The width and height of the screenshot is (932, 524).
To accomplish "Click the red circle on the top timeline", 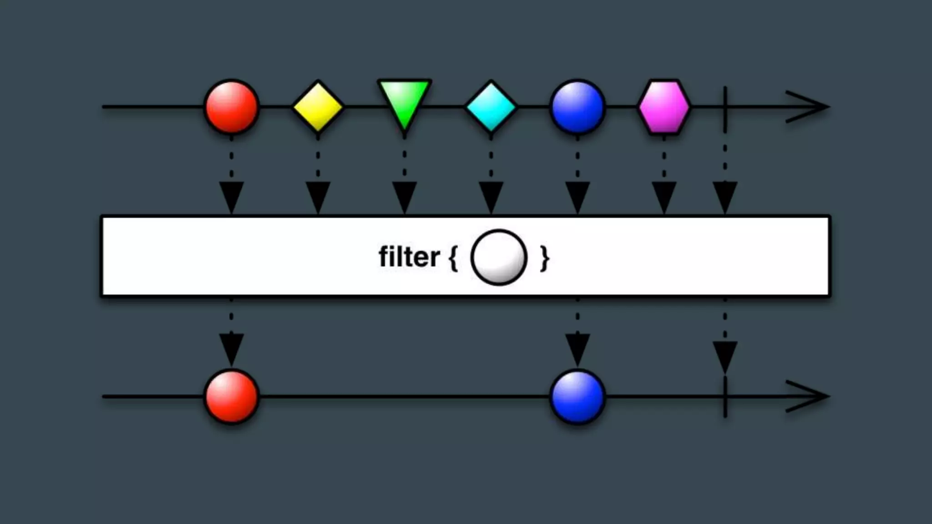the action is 232,107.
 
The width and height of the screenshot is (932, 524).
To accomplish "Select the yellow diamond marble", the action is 318,107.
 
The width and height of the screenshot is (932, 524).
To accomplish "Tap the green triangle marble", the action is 404,102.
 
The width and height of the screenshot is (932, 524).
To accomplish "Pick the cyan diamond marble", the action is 491,107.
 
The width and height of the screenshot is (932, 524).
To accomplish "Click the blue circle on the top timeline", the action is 577,107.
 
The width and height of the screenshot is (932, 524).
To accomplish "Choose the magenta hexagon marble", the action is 664,107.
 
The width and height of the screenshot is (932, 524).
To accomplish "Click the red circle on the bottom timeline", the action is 232,396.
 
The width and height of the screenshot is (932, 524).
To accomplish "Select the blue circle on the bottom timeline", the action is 577,396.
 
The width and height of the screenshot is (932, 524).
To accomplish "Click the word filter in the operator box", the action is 409,257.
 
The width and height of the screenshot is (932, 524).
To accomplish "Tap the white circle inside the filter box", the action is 499,257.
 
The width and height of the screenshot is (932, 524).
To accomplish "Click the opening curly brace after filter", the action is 453,258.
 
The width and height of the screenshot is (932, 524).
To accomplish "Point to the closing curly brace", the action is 544,258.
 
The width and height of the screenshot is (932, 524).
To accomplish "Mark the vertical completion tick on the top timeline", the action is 725,107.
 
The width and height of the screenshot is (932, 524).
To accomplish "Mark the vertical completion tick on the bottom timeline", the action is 725,397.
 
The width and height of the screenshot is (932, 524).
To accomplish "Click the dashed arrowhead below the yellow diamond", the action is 318,196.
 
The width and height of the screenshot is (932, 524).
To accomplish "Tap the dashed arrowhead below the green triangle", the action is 404,196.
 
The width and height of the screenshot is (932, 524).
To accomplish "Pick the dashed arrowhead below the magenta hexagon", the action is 664,196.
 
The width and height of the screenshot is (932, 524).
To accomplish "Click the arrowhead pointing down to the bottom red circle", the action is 232,348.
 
